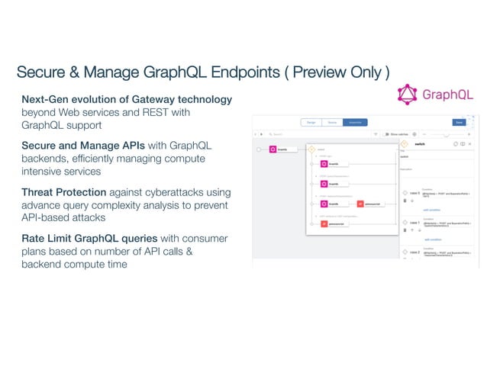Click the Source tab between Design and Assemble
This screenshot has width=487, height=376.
pos(332,122)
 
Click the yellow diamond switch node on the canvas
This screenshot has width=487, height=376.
pos(311,149)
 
